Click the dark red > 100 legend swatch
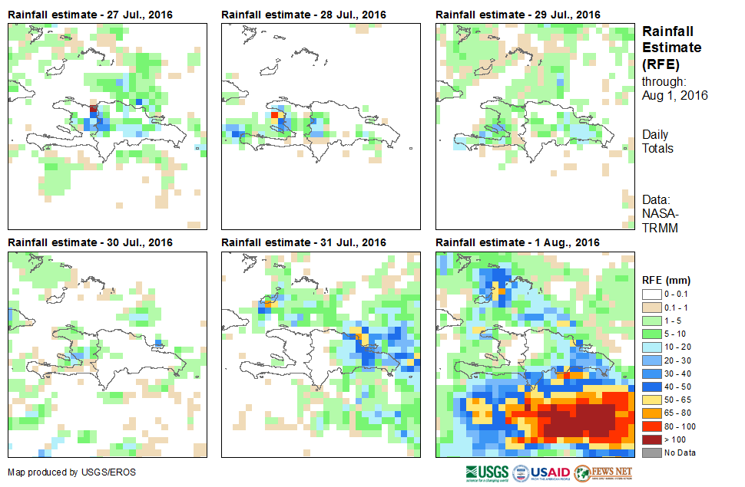pos(650,439)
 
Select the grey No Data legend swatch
pos(650,452)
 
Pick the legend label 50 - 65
pos(680,400)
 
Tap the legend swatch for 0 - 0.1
pos(650,295)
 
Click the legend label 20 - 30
pos(680,360)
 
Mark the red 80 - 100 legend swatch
pos(650,426)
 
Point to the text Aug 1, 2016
pos(674,96)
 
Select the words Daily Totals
pos(657,142)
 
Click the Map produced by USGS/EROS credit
pos(71,472)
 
